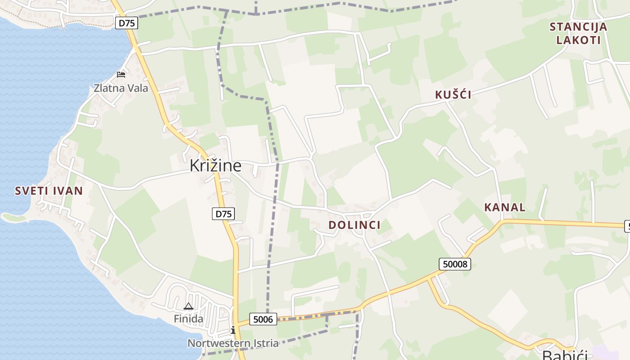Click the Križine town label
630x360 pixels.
(215, 166)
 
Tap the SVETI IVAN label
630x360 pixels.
(49, 191)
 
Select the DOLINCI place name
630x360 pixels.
(354, 225)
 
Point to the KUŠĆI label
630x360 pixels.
(453, 94)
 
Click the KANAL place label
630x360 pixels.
(504, 207)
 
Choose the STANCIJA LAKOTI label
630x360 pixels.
(578, 33)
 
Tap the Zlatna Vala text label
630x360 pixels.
(121, 88)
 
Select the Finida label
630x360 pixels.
(189, 319)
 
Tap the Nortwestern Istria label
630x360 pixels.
(233, 343)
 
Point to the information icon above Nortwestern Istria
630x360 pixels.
(233, 330)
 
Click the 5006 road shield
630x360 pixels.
(263, 319)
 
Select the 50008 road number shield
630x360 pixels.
(455, 264)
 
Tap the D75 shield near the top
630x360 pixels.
(126, 23)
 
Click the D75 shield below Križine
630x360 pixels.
(224, 214)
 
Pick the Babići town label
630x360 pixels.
(565, 355)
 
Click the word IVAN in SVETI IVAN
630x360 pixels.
(66, 191)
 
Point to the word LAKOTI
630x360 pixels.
(578, 40)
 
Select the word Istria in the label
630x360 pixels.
(264, 343)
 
